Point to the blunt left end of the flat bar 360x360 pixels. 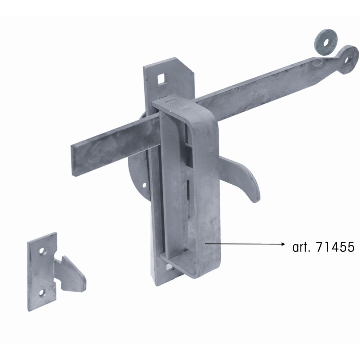(x=73, y=160)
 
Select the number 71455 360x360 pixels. (x=335, y=247)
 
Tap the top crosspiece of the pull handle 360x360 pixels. (x=176, y=101)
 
